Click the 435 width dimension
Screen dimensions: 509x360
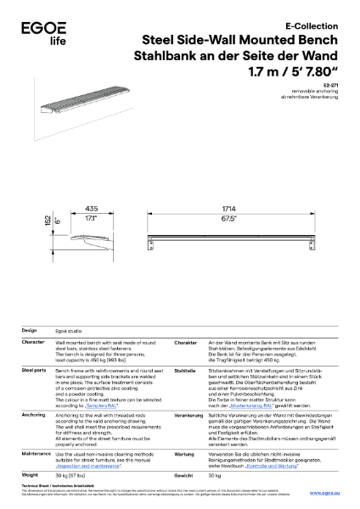click(x=93, y=208)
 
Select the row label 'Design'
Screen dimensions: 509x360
click(x=29, y=330)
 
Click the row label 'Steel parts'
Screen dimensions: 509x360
click(x=34, y=371)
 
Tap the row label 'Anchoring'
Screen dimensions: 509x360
click(x=33, y=415)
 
